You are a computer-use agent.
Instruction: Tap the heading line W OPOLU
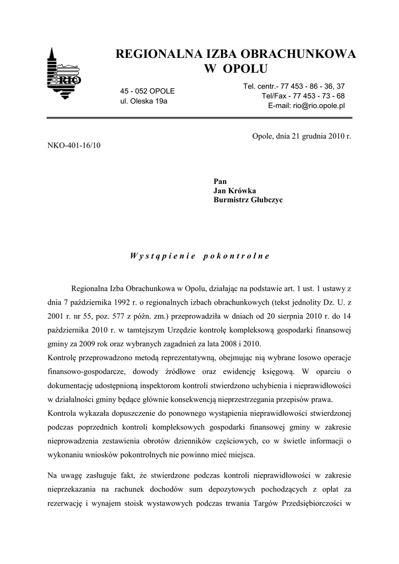point(236,68)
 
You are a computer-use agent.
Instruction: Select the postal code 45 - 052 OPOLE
point(147,91)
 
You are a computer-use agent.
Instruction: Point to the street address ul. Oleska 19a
point(144,101)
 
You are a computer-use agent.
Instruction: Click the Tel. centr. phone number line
point(294,86)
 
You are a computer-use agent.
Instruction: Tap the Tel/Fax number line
point(303,96)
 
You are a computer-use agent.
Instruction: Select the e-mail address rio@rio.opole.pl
point(306,106)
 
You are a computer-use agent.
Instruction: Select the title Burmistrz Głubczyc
point(248,200)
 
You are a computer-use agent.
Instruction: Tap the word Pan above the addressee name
point(220,181)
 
